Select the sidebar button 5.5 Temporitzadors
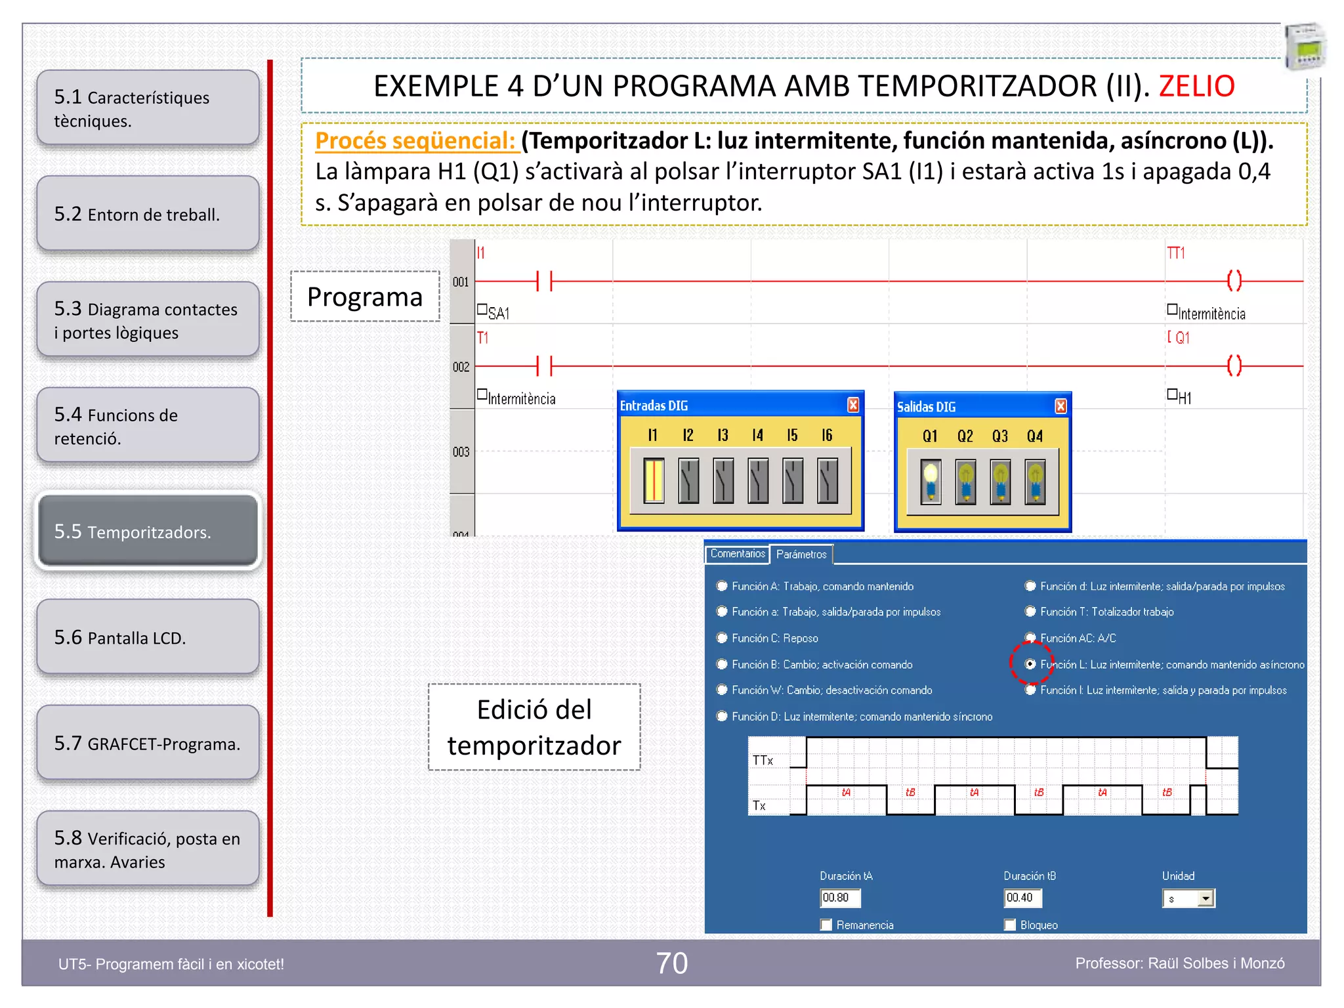tap(148, 531)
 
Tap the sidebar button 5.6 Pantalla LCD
tap(148, 637)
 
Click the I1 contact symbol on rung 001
tap(545, 281)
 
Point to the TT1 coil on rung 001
tap(1234, 281)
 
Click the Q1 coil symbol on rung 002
tap(1234, 366)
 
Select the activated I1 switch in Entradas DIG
tap(654, 480)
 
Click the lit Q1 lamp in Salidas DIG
tap(930, 482)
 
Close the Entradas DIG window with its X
tap(852, 405)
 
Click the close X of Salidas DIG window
tap(1060, 406)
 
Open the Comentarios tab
tap(737, 554)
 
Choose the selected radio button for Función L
tap(1030, 664)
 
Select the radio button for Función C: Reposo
tap(723, 638)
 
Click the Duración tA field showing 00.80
tap(839, 897)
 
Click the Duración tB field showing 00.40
tap(1022, 897)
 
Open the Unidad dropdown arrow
tap(1206, 898)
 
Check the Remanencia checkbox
tap(826, 925)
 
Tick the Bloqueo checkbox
tap(1010, 925)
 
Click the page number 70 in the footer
tap(672, 963)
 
